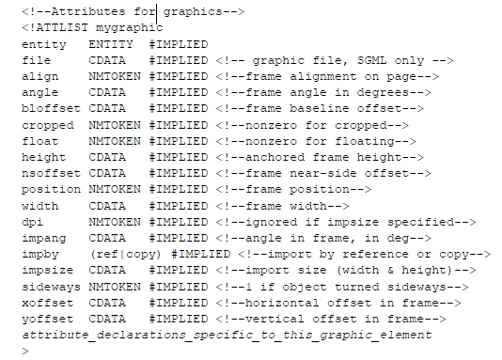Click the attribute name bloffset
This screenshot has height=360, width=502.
pyautogui.click(x=51, y=108)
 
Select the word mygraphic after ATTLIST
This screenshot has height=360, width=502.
pyautogui.click(x=130, y=28)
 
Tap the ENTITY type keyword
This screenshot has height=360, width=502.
pyautogui.click(x=111, y=44)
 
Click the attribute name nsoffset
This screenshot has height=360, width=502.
pyautogui.click(x=51, y=173)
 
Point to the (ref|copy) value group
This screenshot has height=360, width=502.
pyautogui.click(x=126, y=255)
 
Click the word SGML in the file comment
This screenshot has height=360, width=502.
pyautogui.click(x=372, y=60)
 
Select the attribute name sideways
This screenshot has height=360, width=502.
pyautogui.click(x=51, y=287)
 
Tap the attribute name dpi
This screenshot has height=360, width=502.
pyautogui.click(x=32, y=223)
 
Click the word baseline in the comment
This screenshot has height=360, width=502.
pyautogui.click(x=320, y=108)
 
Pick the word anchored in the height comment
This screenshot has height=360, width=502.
pyautogui.click(x=275, y=157)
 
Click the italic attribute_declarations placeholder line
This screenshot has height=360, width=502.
pyautogui.click(x=227, y=335)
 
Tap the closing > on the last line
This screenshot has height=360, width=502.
pyautogui.click(x=25, y=351)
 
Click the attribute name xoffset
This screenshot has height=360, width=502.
pyautogui.click(x=47, y=303)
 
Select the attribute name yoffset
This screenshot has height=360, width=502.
pyautogui.click(x=47, y=319)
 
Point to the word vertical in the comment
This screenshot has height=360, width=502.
pyautogui.click(x=275, y=319)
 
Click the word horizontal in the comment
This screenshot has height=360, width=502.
pyautogui.click(x=282, y=303)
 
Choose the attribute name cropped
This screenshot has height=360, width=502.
pyautogui.click(x=48, y=125)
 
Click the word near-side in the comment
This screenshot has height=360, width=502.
pyautogui.click(x=323, y=173)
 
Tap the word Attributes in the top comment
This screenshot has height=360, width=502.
pyautogui.click(x=88, y=12)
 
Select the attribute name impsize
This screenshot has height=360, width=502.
pyautogui.click(x=47, y=271)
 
